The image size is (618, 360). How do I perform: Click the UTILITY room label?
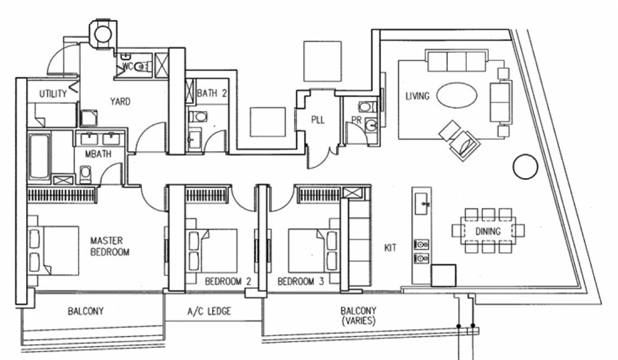coord(53,94)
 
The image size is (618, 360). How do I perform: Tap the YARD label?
coord(121,102)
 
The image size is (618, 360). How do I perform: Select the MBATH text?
coord(98,154)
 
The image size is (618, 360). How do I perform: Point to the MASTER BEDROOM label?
coord(110,246)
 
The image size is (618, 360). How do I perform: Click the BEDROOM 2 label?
coord(228,282)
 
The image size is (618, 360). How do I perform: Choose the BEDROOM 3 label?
coord(301,282)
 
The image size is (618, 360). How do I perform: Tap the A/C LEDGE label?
coord(210,311)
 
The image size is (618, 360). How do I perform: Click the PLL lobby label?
coord(317,120)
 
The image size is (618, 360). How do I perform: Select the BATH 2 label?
coord(212,94)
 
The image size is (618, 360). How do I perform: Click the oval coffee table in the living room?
coord(457,95)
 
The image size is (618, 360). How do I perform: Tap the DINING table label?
coord(488,232)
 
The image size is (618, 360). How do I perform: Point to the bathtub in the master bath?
coord(40,157)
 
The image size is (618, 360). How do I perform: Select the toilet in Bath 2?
coord(198,117)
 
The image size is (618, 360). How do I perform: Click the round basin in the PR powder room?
coord(371,125)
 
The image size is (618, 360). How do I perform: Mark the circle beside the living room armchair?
coord(526,167)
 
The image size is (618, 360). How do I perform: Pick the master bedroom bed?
coord(54,250)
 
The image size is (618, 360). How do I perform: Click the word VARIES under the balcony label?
coord(358,321)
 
